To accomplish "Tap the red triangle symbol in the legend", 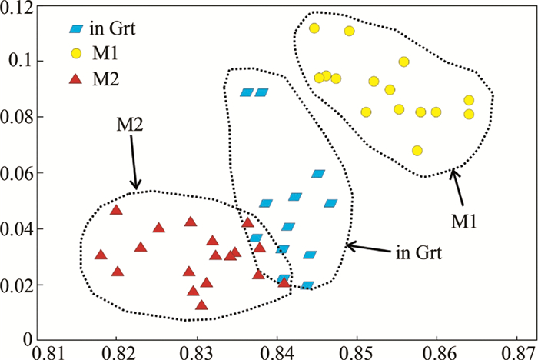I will coord(75,78).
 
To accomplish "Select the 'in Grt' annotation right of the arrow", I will coord(417,252).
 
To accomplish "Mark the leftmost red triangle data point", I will coord(100,255).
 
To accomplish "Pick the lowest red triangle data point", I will coord(201,305).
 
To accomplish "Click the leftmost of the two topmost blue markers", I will coord(246,92).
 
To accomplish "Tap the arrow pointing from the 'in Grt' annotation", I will coord(368,247).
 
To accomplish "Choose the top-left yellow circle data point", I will coord(314,28).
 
